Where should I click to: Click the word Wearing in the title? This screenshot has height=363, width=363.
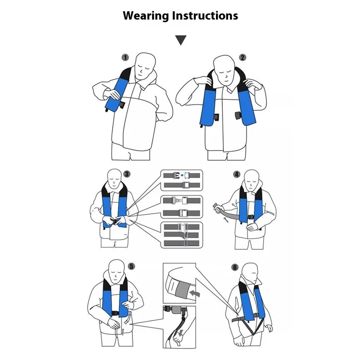[145, 15]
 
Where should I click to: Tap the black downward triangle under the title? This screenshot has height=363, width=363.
[181, 41]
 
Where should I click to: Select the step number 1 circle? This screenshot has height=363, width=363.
[126, 58]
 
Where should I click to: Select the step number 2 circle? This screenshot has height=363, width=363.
[243, 58]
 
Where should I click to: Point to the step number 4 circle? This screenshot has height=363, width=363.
[236, 174]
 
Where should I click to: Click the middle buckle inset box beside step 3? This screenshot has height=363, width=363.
[182, 206]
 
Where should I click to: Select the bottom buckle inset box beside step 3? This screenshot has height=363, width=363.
[182, 234]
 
